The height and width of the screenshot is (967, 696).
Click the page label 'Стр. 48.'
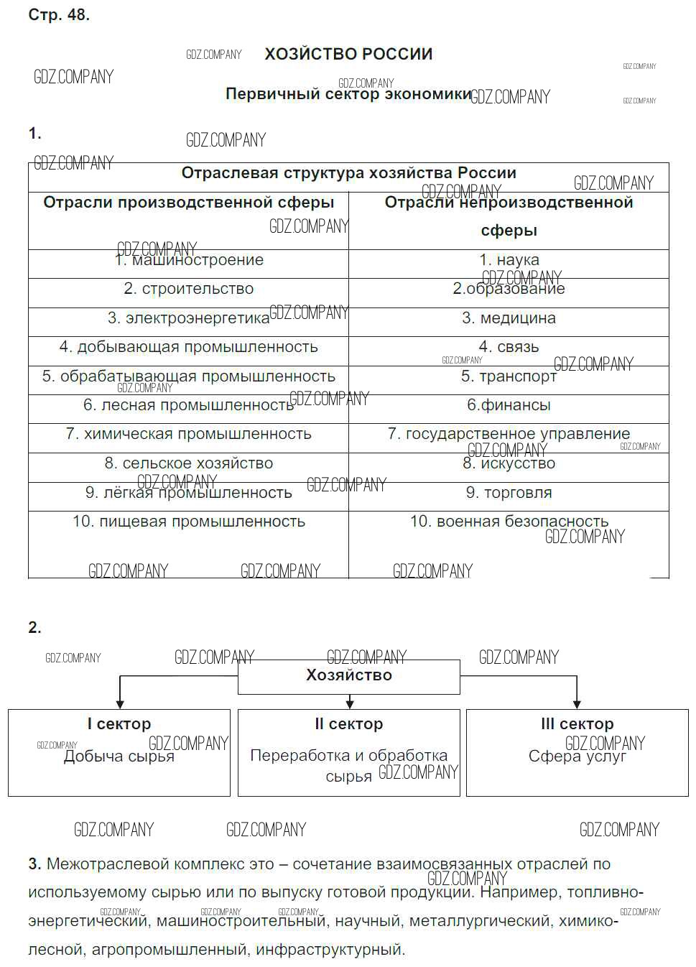59,15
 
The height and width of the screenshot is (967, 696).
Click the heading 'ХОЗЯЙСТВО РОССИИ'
348,55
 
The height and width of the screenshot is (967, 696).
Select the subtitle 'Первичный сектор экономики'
348,94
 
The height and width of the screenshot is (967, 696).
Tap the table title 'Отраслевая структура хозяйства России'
348,173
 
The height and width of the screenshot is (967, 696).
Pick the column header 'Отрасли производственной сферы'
189,203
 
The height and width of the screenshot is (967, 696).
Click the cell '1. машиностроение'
189,260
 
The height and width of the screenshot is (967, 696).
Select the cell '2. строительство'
189,289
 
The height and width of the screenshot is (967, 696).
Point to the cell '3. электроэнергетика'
189,318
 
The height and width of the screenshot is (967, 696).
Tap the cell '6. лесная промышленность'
189,405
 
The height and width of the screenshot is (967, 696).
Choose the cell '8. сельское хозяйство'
189,463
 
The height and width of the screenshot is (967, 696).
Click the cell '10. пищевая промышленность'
189,522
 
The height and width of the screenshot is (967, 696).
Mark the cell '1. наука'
509,260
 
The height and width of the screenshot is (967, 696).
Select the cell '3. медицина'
509,318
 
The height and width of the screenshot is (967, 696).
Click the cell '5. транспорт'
509,376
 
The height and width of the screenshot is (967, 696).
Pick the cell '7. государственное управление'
509,434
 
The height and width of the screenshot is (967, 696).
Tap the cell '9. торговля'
509,493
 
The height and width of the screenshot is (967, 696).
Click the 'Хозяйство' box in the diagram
349,675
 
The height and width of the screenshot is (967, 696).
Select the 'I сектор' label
119,724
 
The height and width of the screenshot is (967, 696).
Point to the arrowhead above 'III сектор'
577,704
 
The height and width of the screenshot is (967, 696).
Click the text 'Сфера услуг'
577,757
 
